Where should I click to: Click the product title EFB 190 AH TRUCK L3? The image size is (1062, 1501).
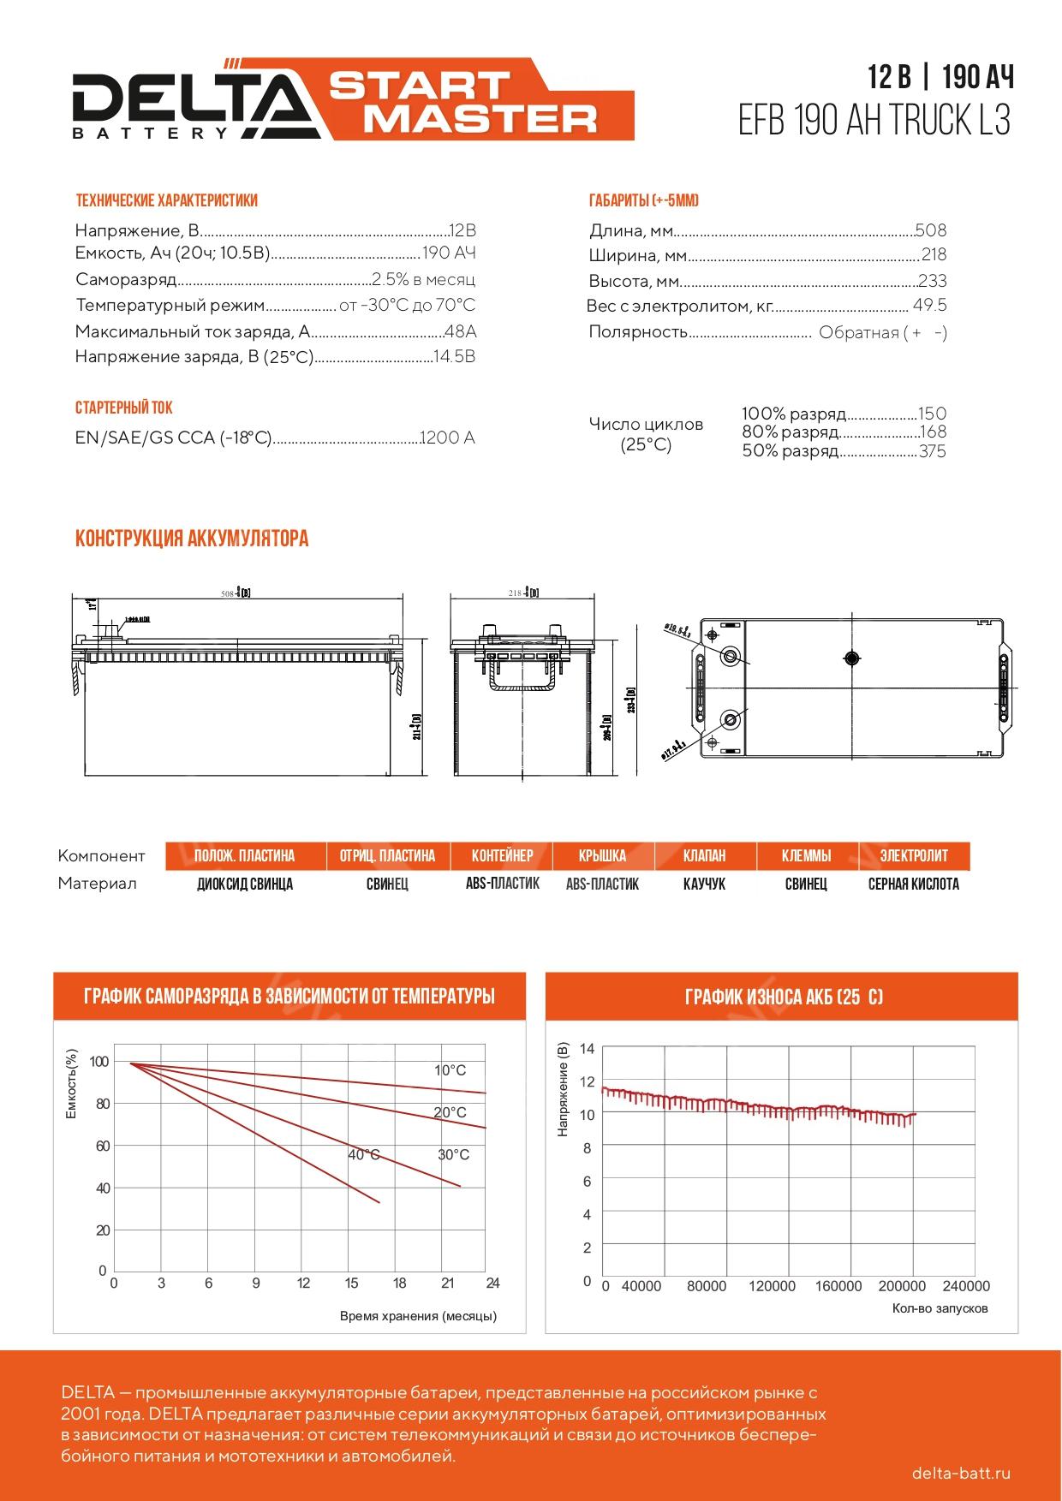click(874, 122)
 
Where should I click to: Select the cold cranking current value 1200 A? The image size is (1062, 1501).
click(447, 438)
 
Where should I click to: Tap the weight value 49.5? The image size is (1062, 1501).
click(929, 306)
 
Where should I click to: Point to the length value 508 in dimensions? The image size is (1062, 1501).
click(931, 230)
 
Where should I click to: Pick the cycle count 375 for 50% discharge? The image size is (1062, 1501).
click(932, 451)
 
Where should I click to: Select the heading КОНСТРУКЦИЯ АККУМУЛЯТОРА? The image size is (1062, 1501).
click(192, 539)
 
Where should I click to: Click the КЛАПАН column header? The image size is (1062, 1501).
click(704, 855)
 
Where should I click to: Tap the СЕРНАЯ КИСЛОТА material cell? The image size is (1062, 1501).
click(913, 884)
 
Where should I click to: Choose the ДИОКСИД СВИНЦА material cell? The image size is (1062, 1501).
click(245, 884)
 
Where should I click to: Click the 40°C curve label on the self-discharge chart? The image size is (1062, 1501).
click(364, 1155)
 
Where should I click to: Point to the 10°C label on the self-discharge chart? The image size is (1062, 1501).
click(450, 1070)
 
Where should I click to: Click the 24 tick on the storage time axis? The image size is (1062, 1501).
click(492, 1283)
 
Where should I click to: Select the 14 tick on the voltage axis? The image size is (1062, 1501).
click(587, 1048)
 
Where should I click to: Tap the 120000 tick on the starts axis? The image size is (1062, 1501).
click(772, 1286)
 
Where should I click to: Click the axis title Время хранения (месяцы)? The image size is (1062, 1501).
click(418, 1316)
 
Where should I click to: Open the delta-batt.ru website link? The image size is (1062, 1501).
click(962, 1473)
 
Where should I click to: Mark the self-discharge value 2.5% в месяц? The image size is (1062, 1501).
click(423, 280)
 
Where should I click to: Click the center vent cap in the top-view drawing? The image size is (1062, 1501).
click(850, 658)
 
